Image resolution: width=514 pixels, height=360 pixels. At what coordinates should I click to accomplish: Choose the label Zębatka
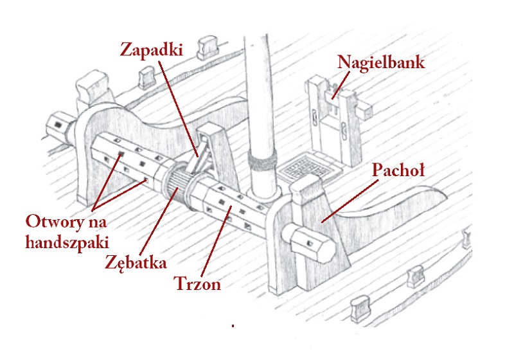coord(136,262)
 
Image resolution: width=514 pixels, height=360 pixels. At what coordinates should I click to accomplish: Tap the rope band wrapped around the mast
coord(263,163)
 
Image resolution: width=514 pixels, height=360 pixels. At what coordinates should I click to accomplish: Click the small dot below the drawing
coord(233,326)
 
